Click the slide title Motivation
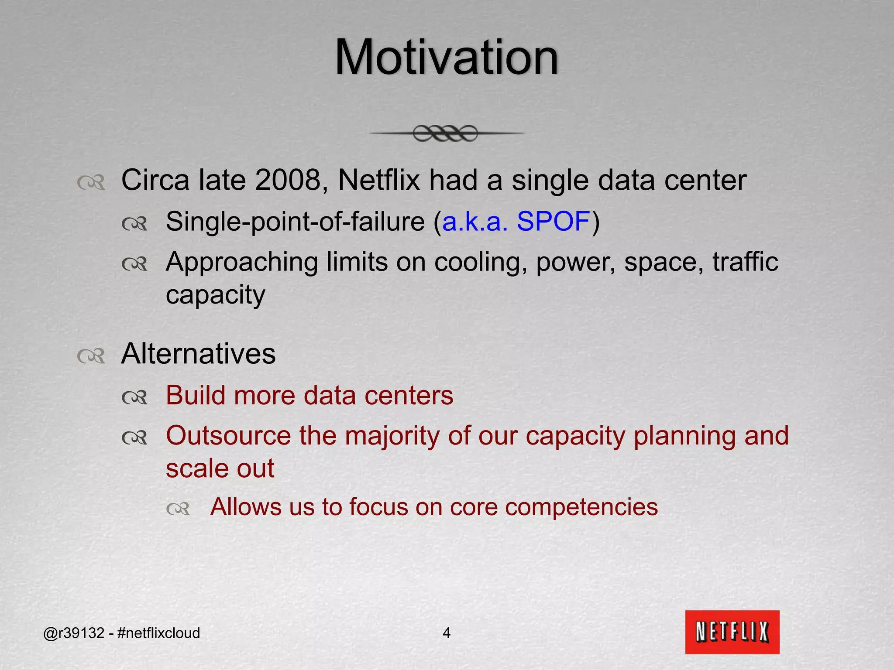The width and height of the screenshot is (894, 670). [446, 58]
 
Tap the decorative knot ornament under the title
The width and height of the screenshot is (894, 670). [445, 133]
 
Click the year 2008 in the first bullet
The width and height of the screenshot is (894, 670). [288, 180]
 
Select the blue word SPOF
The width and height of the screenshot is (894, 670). [553, 221]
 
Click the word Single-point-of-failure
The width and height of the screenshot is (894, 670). [295, 222]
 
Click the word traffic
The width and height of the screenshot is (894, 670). [745, 262]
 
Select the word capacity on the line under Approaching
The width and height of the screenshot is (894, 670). [215, 295]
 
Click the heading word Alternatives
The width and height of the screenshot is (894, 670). [198, 354]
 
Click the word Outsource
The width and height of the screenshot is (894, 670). [228, 436]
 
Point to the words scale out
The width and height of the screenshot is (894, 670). [220, 469]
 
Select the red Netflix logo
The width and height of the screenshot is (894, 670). [732, 632]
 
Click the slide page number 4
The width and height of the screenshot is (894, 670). [446, 633]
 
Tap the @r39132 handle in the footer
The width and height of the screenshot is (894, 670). [74, 633]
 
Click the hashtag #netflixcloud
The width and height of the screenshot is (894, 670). [158, 633]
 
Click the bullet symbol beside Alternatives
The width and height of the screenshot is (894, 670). [91, 356]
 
